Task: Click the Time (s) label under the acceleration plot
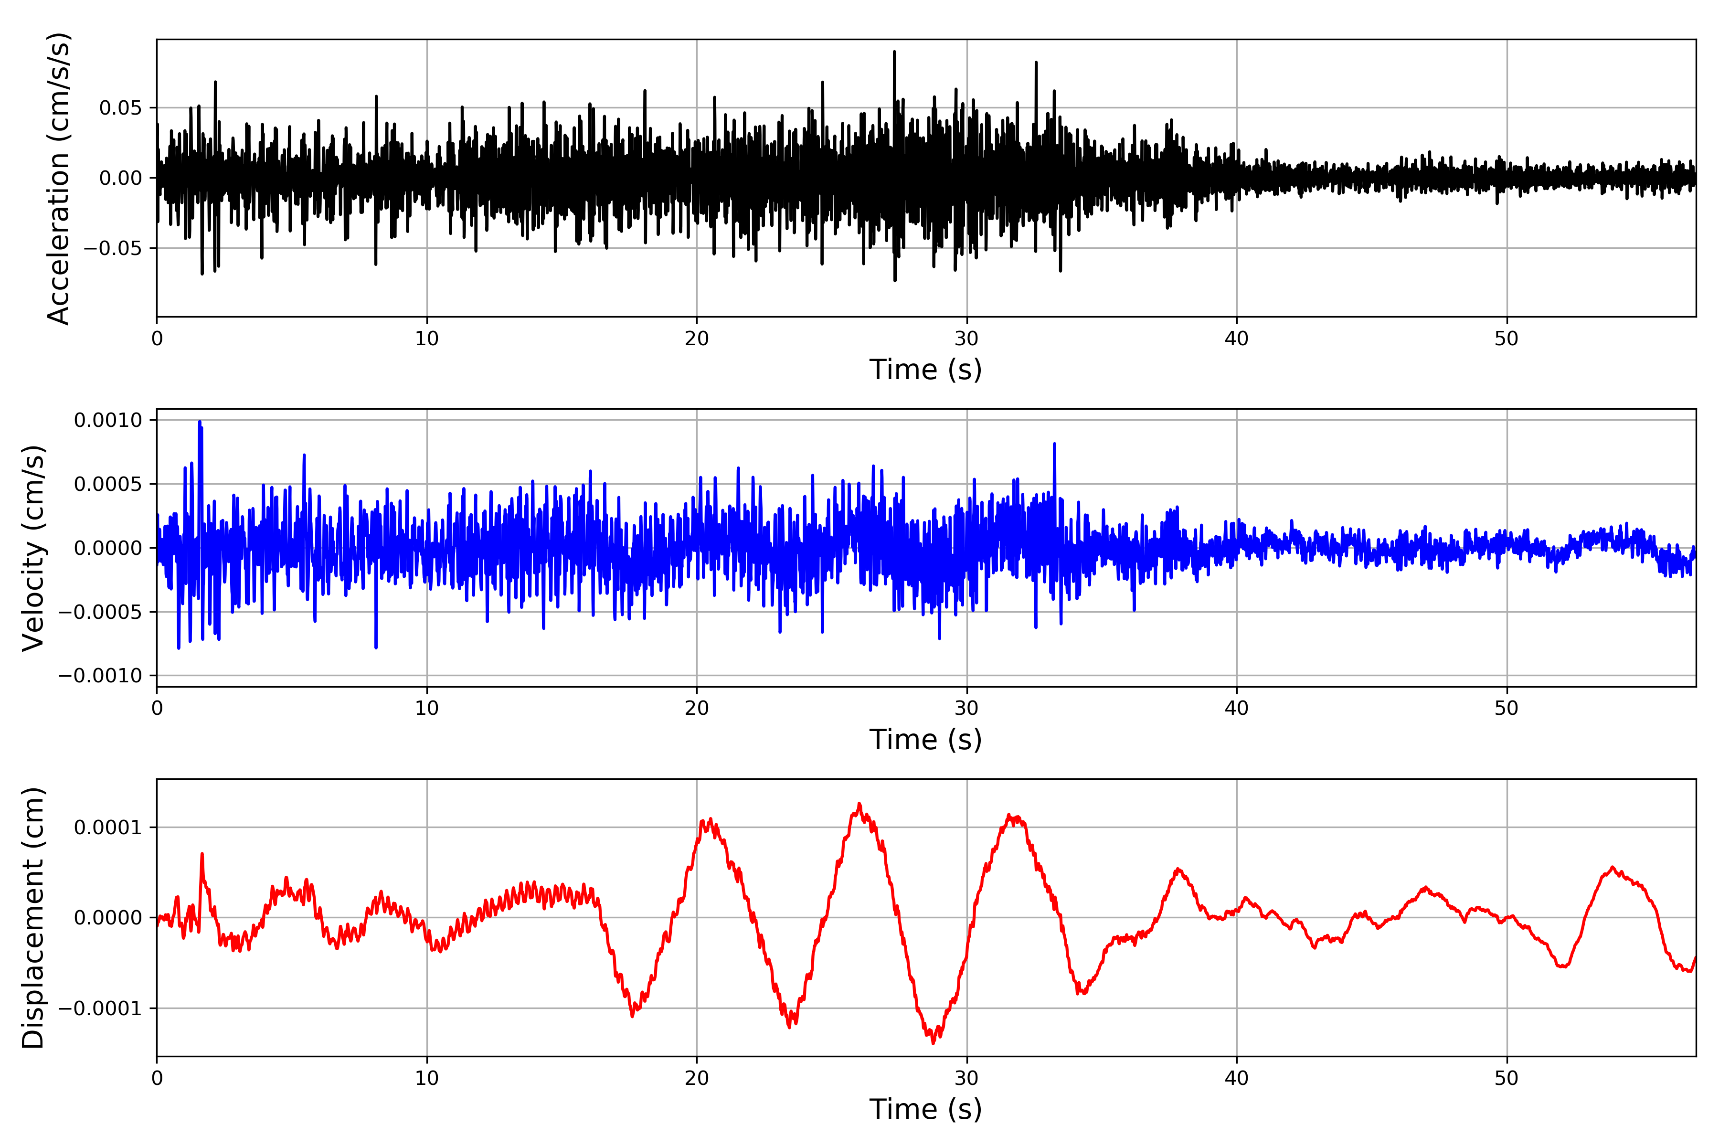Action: [925, 370]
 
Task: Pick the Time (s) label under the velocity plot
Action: [925, 740]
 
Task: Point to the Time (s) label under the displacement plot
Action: [925, 1109]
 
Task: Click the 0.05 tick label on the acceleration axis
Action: [121, 108]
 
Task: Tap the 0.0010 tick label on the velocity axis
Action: [108, 420]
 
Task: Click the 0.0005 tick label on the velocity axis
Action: [108, 484]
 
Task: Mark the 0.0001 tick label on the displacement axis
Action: [108, 828]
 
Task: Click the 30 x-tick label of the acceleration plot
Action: [966, 339]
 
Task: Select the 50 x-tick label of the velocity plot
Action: [1507, 708]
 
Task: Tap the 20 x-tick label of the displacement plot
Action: [697, 1078]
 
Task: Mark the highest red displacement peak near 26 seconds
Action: [859, 804]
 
